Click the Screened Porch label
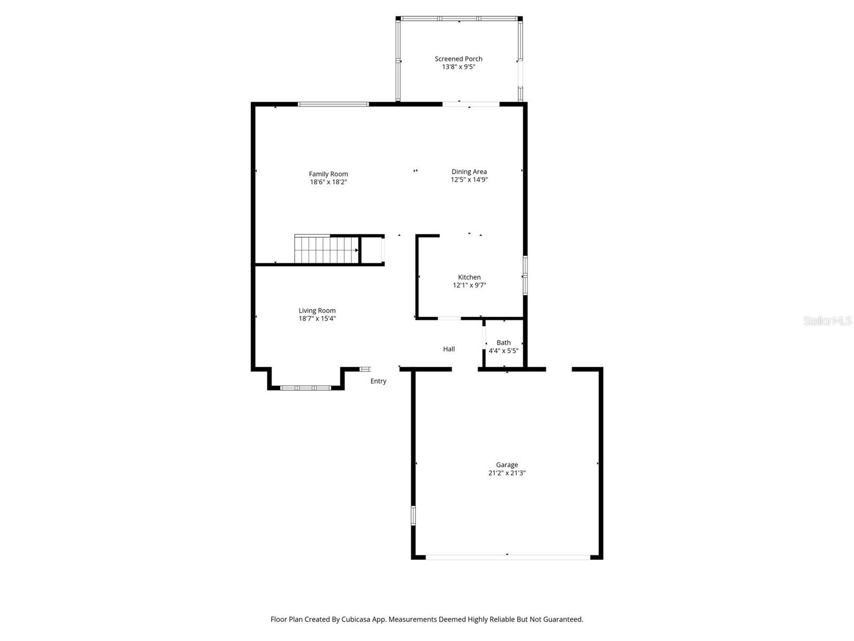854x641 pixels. pyautogui.click(x=458, y=59)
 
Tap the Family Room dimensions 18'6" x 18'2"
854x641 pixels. pyautogui.click(x=328, y=182)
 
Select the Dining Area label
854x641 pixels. pyautogui.click(x=469, y=171)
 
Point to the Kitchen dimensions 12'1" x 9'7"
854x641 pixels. pyautogui.click(x=469, y=285)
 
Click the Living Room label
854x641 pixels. pyautogui.click(x=317, y=310)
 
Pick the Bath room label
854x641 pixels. pyautogui.click(x=503, y=342)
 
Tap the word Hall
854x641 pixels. pyautogui.click(x=449, y=349)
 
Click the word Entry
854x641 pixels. pyautogui.click(x=378, y=381)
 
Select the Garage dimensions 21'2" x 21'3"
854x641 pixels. pyautogui.click(x=507, y=473)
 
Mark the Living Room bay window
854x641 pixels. pyautogui.click(x=306, y=388)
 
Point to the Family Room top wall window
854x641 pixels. pyautogui.click(x=333, y=104)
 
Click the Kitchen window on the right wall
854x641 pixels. pyautogui.click(x=525, y=275)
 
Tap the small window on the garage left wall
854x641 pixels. pyautogui.click(x=413, y=515)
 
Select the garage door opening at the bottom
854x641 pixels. pyautogui.click(x=507, y=557)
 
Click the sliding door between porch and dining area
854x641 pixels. pyautogui.click(x=470, y=104)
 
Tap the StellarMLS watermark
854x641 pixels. pyautogui.click(x=827, y=321)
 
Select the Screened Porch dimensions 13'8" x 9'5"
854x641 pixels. pyautogui.click(x=458, y=67)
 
